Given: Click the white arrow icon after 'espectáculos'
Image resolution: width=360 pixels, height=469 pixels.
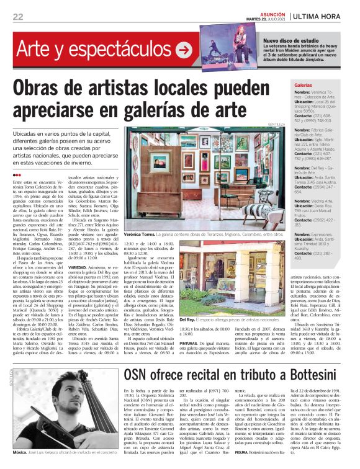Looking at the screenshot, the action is tap(183, 50).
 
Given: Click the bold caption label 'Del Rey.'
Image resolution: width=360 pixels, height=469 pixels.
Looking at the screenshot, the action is tap(187, 319).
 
